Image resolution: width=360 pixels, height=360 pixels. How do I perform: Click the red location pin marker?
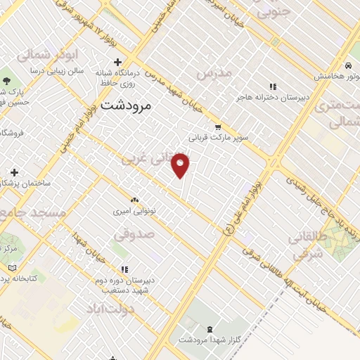[x=181, y=165]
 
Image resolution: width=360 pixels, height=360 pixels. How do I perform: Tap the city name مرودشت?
[x=127, y=107]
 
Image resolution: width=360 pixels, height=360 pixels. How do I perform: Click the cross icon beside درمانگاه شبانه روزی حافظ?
[x=118, y=62]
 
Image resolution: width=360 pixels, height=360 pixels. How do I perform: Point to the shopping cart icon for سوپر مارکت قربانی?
[x=218, y=127]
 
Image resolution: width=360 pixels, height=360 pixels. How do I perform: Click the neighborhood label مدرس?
[x=214, y=74]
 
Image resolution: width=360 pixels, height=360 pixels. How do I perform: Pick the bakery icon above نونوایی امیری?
[x=134, y=199]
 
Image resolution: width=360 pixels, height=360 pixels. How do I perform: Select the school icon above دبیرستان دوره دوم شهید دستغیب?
[x=124, y=269]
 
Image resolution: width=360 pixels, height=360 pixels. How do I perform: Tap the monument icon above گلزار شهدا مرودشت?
[x=210, y=329]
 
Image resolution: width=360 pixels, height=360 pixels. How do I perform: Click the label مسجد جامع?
[x=34, y=212]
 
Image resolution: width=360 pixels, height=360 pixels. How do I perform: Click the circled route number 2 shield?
[x=227, y=229]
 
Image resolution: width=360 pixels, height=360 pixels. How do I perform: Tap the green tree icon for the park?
[x=7, y=79]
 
